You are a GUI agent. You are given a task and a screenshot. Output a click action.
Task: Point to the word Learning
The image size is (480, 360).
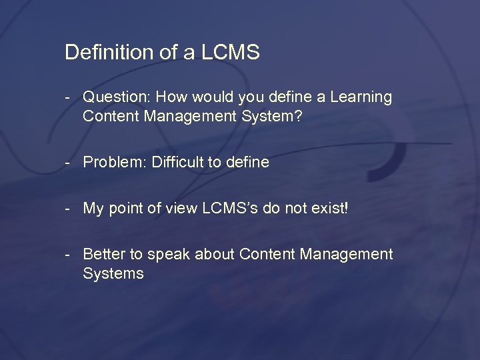click(360, 97)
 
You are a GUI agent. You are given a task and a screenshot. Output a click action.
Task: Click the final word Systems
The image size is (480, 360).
click(113, 274)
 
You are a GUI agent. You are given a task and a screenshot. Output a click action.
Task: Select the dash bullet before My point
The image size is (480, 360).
click(69, 209)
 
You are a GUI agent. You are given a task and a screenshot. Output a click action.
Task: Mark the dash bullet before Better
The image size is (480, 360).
click(69, 255)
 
